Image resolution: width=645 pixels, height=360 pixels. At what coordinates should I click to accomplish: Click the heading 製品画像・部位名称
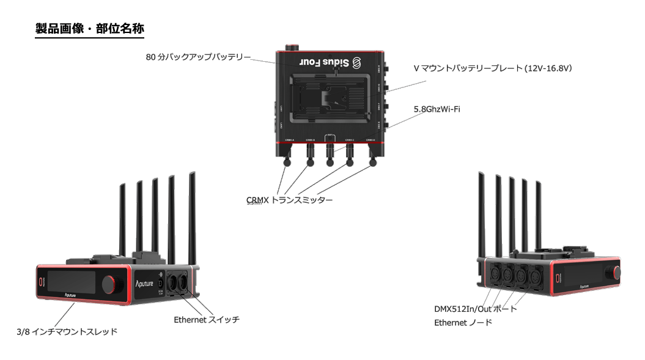pos(90,29)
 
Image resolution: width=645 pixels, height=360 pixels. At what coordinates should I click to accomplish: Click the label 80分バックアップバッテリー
pos(198,57)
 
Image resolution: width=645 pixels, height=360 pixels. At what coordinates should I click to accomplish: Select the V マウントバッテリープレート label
pos(492,68)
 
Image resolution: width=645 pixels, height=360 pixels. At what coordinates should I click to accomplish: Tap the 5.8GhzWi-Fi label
pos(437,109)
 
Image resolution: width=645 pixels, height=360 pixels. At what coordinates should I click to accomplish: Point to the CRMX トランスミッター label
pos(289,200)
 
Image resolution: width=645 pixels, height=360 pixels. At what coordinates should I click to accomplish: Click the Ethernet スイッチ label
pos(206,319)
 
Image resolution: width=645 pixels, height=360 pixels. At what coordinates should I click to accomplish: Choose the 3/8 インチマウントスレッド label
pos(67,331)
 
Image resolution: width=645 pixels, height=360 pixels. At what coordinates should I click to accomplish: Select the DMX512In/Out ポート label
pos(475,309)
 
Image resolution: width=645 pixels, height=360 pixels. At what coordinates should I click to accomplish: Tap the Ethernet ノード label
pos(463,322)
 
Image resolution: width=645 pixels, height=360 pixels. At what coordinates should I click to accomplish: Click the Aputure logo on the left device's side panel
pos(146,283)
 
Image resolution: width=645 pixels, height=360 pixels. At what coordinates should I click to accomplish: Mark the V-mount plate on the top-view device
pos(330,97)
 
